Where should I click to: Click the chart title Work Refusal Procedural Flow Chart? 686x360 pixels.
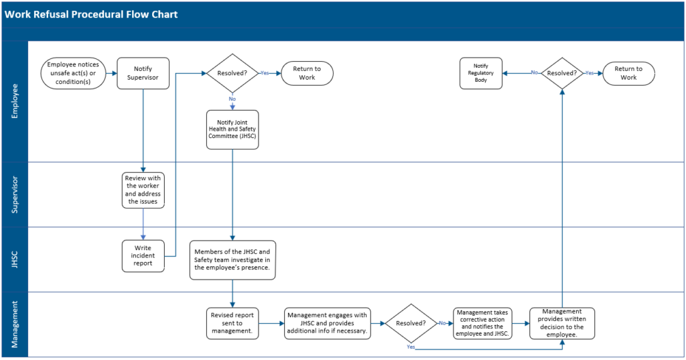coord(92,14)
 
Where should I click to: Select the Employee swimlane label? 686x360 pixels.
coord(15,101)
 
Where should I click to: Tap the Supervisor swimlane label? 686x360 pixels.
coord(15,194)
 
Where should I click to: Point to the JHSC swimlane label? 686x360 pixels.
coord(15,259)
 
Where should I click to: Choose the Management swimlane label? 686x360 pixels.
coord(15,324)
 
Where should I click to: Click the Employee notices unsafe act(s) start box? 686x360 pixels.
coord(73,73)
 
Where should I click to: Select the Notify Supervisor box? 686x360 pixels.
coord(143,73)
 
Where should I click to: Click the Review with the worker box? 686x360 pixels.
coord(143,190)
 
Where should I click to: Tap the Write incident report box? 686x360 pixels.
coord(143,256)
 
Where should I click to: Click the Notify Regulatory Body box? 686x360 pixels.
coord(481,73)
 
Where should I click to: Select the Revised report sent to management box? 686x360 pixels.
coord(232,323)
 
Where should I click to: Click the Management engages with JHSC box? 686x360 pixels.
coord(327,323)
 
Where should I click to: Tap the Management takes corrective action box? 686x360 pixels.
coord(482,323)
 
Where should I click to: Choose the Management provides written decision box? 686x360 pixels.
coord(561,323)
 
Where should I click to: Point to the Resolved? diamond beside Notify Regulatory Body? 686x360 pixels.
coord(561,73)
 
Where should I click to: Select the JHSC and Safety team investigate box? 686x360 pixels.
coord(232,259)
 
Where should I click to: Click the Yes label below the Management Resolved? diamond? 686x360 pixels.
coord(411,347)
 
